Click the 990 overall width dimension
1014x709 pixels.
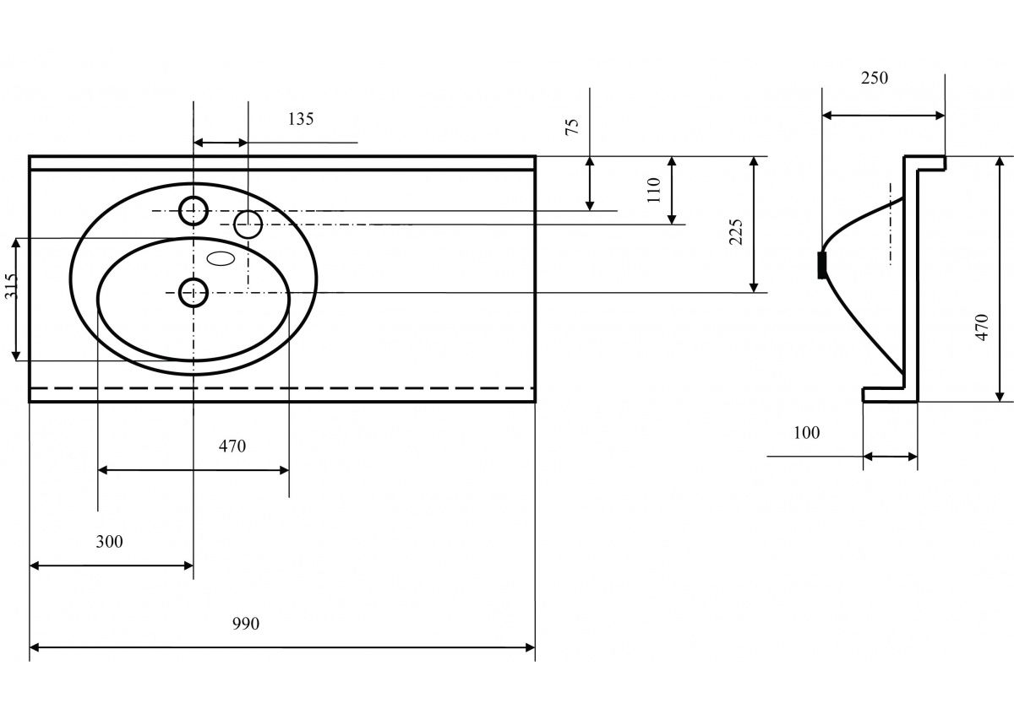(245, 624)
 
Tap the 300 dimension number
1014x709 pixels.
(109, 541)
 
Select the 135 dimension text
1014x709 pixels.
(300, 119)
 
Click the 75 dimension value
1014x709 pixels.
(572, 127)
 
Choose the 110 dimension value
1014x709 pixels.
(653, 191)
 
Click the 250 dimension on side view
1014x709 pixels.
(875, 78)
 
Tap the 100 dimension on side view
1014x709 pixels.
(807, 433)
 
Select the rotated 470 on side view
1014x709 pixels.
(981, 327)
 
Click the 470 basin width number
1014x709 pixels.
(232, 446)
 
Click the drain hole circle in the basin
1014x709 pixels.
(194, 292)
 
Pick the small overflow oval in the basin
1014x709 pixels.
(221, 259)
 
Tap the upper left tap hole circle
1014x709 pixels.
(194, 210)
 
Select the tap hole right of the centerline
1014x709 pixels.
(248, 225)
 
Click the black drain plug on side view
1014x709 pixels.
(821, 265)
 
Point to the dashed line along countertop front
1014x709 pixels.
(282, 387)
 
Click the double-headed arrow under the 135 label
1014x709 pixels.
(221, 143)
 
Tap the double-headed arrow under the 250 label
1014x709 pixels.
(883, 116)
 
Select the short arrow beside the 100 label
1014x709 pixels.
(890, 457)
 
